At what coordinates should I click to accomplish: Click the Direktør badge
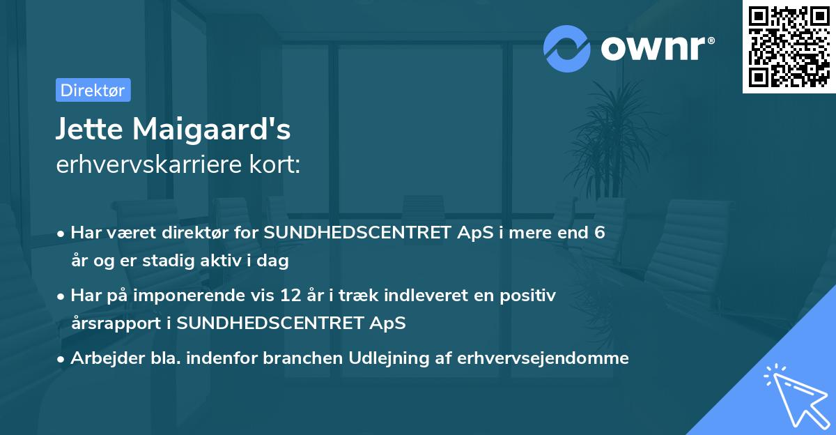93,90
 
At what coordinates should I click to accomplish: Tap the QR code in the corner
788,47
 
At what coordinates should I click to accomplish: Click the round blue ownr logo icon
567,49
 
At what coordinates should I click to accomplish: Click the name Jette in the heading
87,130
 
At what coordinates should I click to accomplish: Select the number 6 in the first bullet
598,233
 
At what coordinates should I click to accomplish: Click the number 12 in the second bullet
314,295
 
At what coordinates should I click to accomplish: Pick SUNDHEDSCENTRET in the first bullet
357,233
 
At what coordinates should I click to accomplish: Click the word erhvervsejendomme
543,358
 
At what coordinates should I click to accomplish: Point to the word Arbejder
100,358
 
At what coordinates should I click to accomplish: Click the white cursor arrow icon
794,396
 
